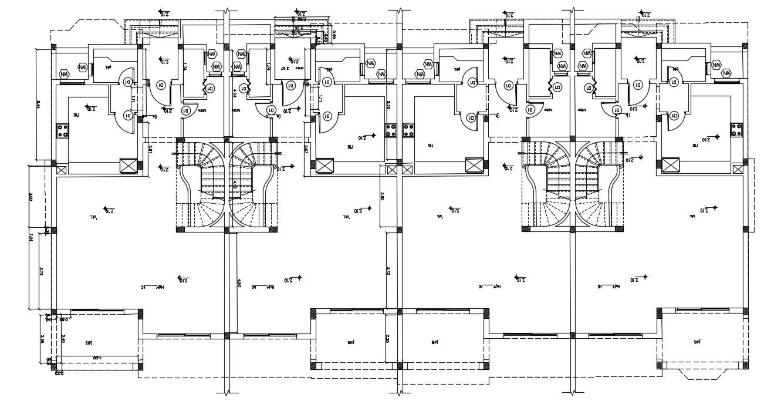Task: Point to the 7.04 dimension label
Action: (x=31, y=237)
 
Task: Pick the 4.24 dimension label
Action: (x=235, y=92)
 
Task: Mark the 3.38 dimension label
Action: (x=388, y=106)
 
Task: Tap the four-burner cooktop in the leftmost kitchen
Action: (x=63, y=130)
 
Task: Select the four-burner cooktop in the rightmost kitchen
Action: (x=736, y=130)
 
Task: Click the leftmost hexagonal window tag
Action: (x=65, y=75)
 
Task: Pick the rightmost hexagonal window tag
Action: (x=726, y=73)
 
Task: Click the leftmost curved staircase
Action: (x=200, y=185)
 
